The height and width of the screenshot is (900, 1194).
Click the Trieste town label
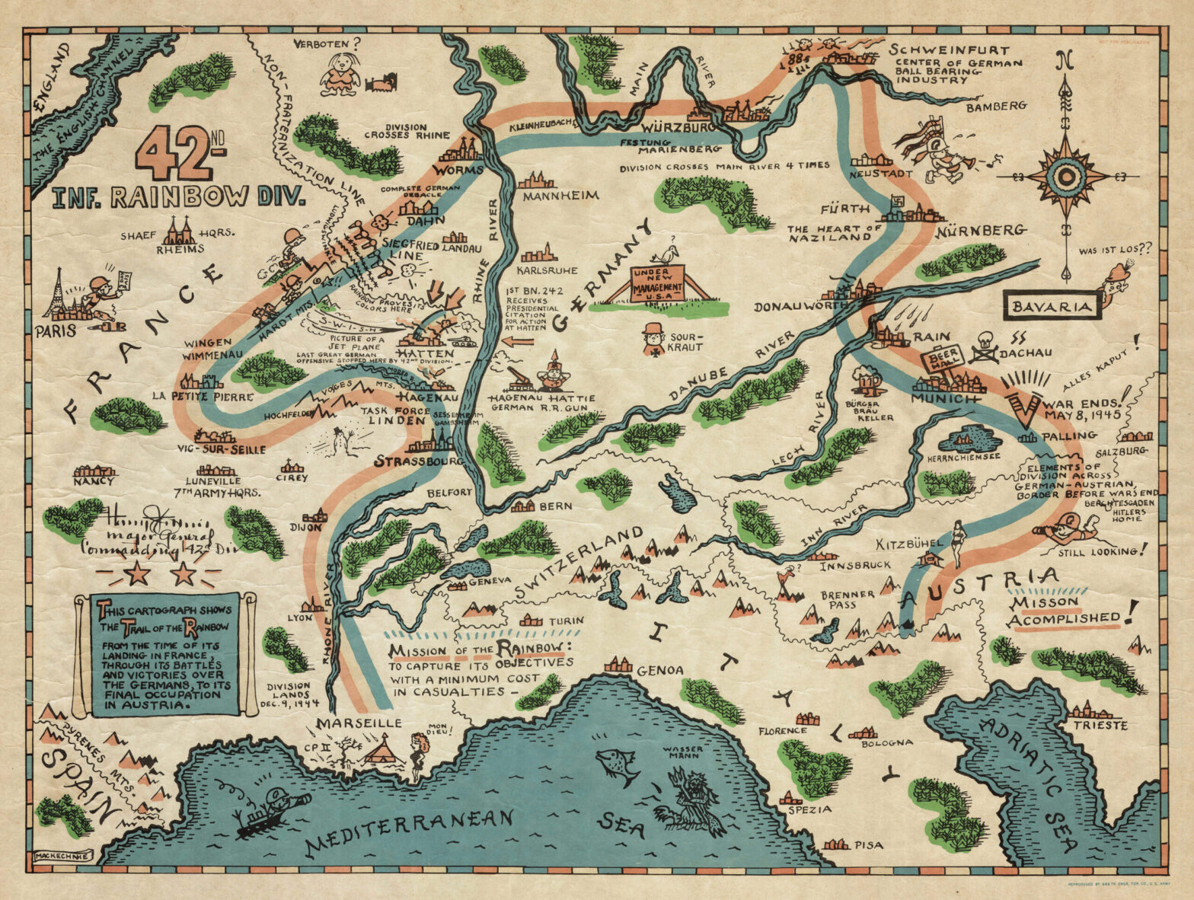point(1100,725)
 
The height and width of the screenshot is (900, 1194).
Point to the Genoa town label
point(659,671)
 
